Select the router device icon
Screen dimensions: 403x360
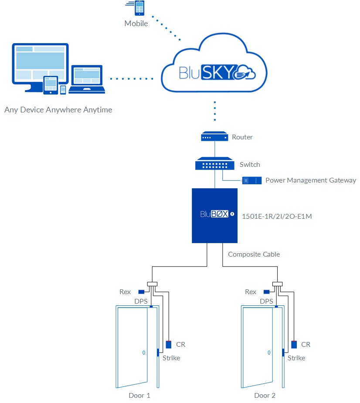214,137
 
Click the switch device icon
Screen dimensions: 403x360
214,164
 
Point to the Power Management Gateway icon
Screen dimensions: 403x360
252,180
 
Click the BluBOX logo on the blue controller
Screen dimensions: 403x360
214,214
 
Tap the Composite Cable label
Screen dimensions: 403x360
254,254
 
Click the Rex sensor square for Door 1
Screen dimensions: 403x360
141,292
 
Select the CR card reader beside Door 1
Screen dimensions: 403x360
169,345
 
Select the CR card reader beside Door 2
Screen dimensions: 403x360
294,345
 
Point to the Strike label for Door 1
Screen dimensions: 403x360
171,358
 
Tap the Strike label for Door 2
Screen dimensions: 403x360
296,358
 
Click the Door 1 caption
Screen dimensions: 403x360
139,395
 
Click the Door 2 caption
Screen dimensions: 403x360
265,395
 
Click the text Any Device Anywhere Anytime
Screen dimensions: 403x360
58,110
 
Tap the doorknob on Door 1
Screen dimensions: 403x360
143,352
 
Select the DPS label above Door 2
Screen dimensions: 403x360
266,301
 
